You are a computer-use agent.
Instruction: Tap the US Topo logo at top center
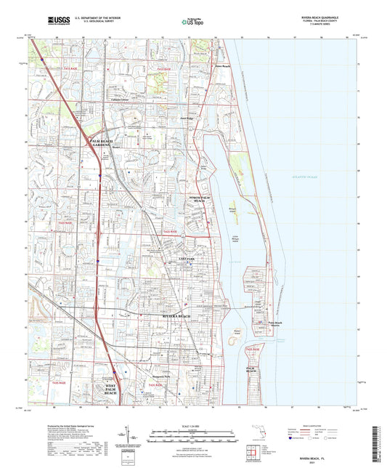190,21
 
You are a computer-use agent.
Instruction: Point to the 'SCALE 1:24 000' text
192,426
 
